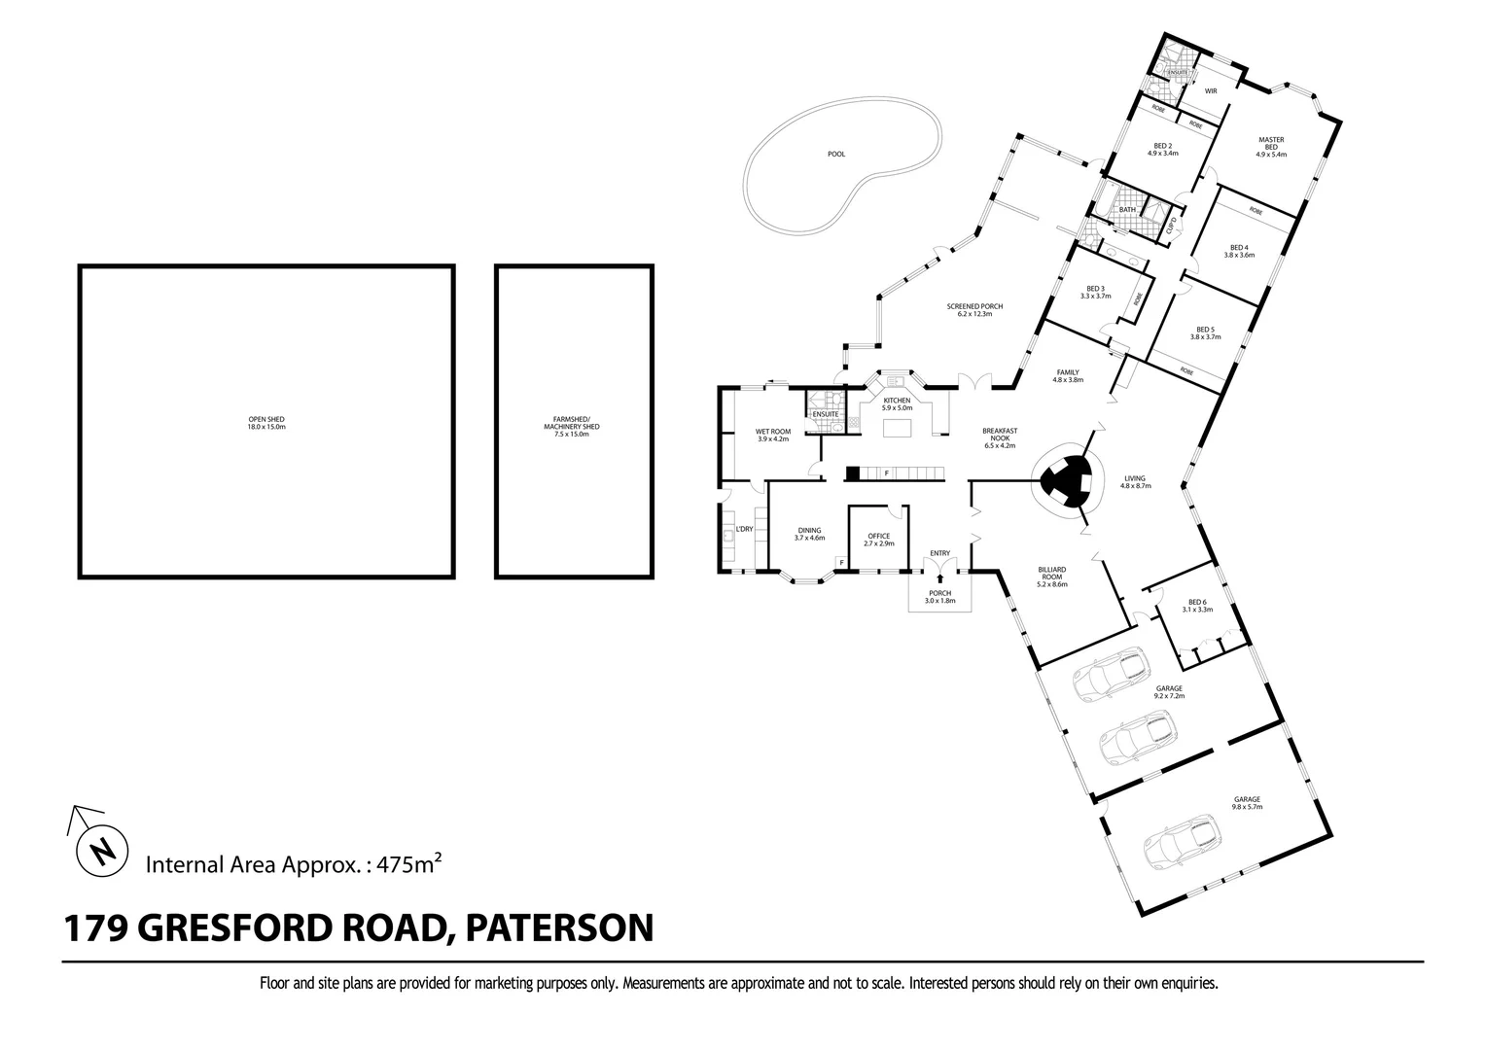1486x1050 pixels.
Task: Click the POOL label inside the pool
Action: pos(835,154)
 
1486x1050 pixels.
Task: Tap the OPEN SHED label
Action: pos(265,423)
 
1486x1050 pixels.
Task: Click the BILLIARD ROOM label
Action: pos(1051,577)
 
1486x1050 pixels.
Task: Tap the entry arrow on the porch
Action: pos(939,578)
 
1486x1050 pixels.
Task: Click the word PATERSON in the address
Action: pos(559,927)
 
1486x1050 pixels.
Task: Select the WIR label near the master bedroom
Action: pos(1210,90)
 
